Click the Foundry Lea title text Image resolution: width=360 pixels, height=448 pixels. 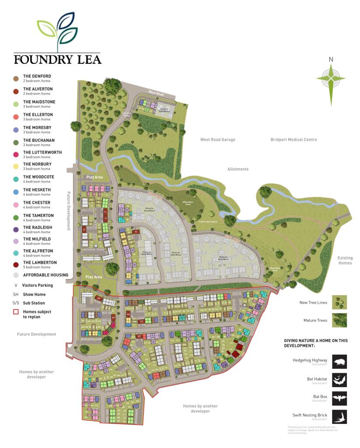[57, 59]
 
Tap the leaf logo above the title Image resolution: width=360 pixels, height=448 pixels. [57, 30]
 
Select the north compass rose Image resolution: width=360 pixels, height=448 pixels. [331, 79]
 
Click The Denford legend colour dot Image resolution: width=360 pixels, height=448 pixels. [15, 78]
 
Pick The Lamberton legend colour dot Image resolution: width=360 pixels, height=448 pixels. [15, 264]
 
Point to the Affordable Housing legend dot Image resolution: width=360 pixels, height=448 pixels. [15, 275]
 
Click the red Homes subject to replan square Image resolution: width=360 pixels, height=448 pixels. [15, 312]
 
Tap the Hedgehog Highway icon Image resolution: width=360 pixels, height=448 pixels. [339, 362]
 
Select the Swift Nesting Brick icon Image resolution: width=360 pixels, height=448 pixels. [339, 416]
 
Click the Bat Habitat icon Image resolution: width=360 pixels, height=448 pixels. [339, 380]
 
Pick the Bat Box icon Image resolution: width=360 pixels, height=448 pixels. [339, 398]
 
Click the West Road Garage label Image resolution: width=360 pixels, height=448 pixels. [217, 140]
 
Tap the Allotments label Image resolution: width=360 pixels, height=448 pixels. [238, 169]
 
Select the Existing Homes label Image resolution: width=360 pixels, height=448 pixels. [345, 261]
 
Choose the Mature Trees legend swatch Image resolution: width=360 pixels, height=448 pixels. [339, 319]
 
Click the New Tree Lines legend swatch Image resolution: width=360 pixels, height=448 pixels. [339, 302]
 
